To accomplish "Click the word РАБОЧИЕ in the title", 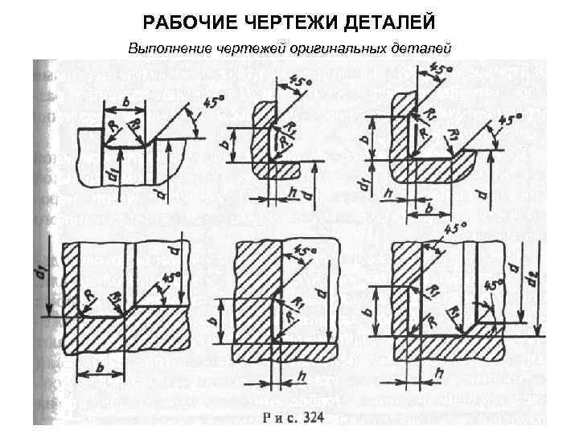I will pyautogui.click(x=179, y=18).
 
